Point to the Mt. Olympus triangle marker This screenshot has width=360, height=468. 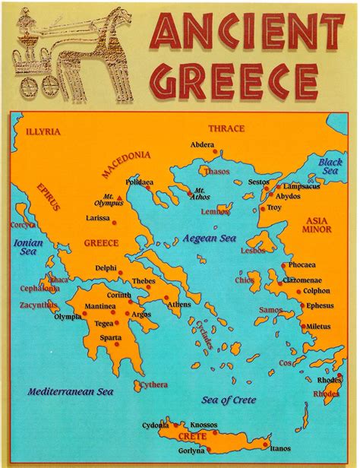[118, 198]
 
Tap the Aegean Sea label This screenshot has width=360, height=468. [210, 239]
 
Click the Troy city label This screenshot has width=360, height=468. [273, 207]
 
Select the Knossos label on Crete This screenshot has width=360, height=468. [204, 424]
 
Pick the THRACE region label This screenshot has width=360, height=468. [226, 128]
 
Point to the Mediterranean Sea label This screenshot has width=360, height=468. [70, 392]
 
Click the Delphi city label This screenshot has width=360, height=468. [106, 268]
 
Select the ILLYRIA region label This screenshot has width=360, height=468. [42, 131]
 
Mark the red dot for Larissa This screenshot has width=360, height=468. [115, 222]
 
